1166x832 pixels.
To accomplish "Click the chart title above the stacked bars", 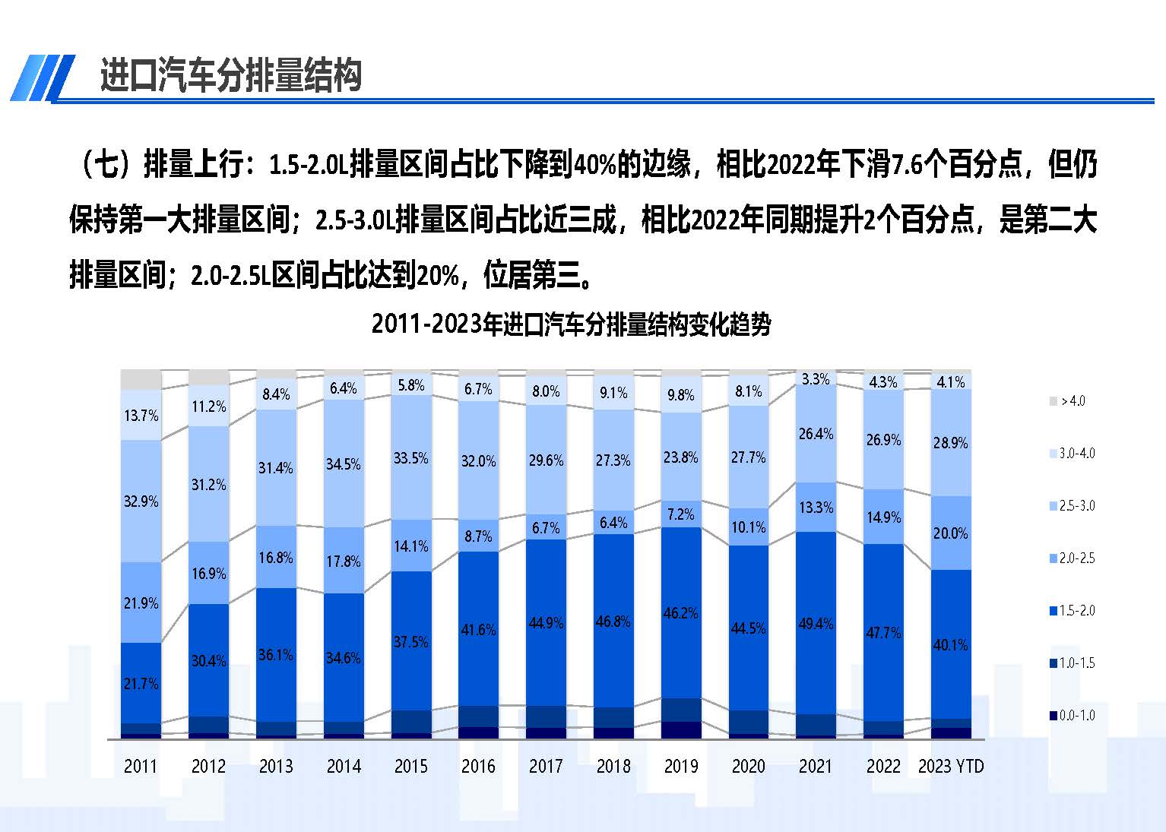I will (x=571, y=324).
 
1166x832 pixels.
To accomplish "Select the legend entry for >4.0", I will (x=1073, y=401).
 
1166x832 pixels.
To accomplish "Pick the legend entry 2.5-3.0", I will (x=1076, y=506).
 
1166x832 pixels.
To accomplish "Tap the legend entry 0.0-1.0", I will (x=1076, y=716).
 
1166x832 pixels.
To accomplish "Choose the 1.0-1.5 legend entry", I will (x=1076, y=663).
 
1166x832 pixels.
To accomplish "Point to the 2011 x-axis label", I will (x=141, y=766).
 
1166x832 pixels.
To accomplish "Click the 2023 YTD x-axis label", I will (x=950, y=766).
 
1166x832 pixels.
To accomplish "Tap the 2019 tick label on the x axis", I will (x=680, y=766).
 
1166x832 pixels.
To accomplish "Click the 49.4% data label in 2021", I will (x=816, y=624).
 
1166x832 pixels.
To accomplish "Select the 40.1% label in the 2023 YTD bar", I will (x=950, y=645).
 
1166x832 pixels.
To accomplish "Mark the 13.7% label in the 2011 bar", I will (x=141, y=416).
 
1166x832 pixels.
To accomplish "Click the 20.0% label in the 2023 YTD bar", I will (x=950, y=533).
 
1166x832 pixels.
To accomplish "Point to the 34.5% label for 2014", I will (x=343, y=464).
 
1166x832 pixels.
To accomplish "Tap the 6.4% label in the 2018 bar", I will (x=613, y=523).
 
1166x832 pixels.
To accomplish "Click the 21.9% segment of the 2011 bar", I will (x=141, y=603).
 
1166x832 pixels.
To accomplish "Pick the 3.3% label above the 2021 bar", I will (x=816, y=378).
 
